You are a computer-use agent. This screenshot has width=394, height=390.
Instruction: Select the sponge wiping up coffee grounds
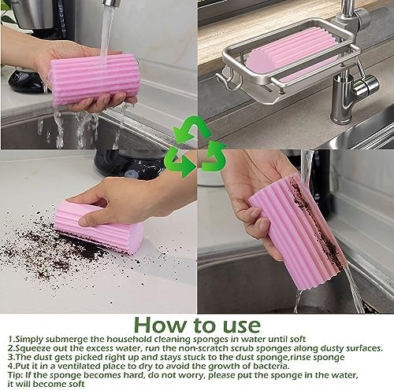pyautogui.click(x=99, y=227)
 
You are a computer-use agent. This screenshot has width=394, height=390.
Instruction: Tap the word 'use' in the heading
pyautogui.click(x=240, y=326)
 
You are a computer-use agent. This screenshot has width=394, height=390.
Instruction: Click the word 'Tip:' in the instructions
pyautogui.click(x=16, y=375)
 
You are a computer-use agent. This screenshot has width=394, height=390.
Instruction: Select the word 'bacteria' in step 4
pyautogui.click(x=269, y=366)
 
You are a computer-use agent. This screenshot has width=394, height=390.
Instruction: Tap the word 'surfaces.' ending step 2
pyautogui.click(x=364, y=348)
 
